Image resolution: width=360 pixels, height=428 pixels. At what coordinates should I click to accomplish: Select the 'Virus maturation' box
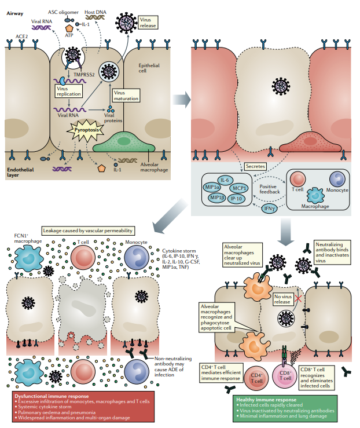(126, 95)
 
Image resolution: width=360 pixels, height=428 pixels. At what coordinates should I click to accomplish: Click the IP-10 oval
(237, 199)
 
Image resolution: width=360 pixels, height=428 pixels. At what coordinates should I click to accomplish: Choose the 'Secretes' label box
(256, 166)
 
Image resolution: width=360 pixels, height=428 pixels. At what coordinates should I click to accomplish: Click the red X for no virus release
(298, 297)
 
